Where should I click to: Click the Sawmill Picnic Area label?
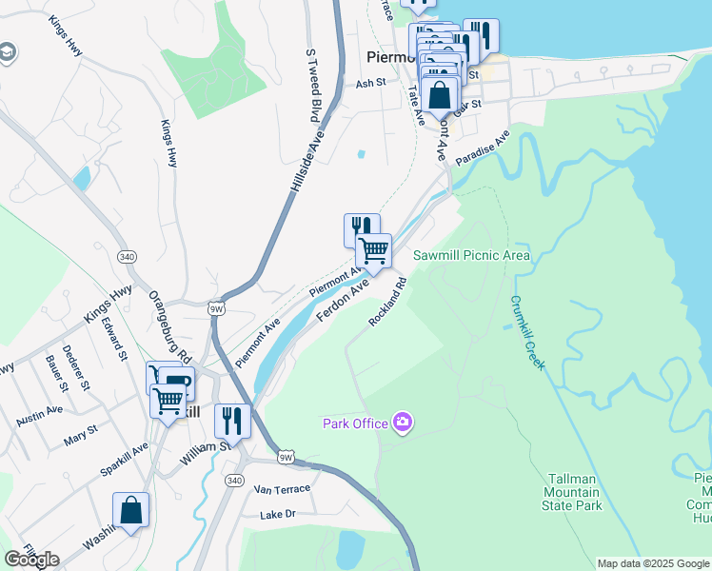click(471, 255)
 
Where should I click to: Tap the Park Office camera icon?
click(403, 422)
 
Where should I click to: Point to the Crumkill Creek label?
click(527, 332)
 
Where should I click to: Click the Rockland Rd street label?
click(388, 302)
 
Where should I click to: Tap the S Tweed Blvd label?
click(311, 86)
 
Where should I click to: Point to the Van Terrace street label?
click(283, 489)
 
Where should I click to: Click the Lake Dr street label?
click(279, 515)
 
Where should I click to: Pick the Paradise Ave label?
click(482, 148)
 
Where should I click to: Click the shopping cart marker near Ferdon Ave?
click(373, 251)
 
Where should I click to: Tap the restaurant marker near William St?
click(232, 421)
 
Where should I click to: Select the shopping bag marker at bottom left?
click(130, 510)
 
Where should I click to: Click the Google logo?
click(31, 559)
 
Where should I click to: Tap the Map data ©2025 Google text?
click(653, 563)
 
